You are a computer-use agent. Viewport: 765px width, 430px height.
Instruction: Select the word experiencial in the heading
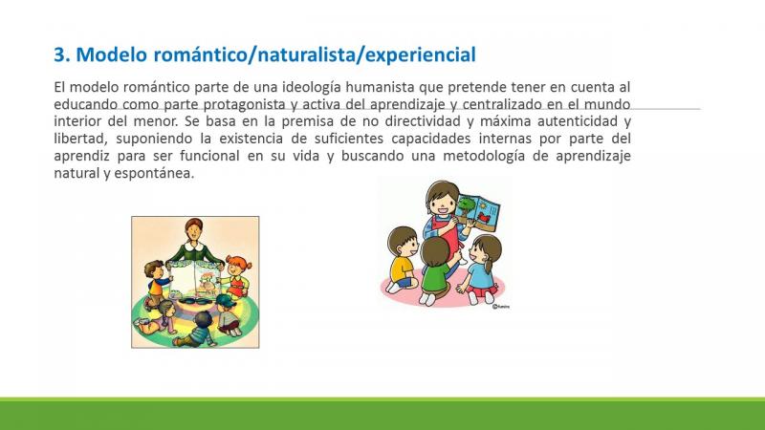pyautogui.click(x=421, y=54)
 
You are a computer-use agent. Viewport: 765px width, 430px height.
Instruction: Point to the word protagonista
pyautogui.click(x=244, y=104)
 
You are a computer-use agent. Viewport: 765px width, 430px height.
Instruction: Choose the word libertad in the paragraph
pyautogui.click(x=80, y=139)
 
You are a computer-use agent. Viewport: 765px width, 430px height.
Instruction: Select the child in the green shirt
pyautogui.click(x=435, y=270)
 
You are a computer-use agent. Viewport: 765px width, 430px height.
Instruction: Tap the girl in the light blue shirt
pyautogui.click(x=481, y=269)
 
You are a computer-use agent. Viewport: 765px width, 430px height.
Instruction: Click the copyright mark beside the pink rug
pyautogui.click(x=501, y=307)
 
